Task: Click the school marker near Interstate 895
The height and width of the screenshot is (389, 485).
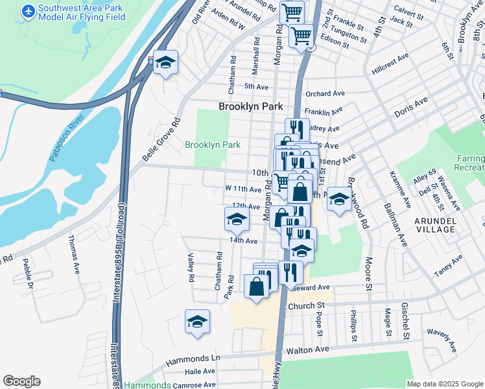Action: (x=166, y=63)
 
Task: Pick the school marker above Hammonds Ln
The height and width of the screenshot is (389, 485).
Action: (x=197, y=322)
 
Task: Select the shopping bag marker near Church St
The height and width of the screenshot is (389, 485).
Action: (x=257, y=286)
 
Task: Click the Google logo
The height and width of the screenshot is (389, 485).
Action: (x=21, y=381)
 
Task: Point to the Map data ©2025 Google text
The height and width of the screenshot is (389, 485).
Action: (x=445, y=384)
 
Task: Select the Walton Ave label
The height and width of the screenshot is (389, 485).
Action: (x=313, y=350)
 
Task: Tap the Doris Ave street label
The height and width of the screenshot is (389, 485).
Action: (x=412, y=108)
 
